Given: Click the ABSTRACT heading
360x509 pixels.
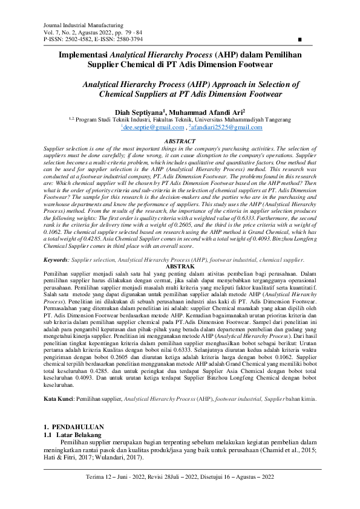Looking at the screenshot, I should [x=180, y=141].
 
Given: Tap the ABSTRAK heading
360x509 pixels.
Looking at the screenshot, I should [x=180, y=266].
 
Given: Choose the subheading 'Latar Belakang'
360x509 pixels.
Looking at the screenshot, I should [x=80, y=434].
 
